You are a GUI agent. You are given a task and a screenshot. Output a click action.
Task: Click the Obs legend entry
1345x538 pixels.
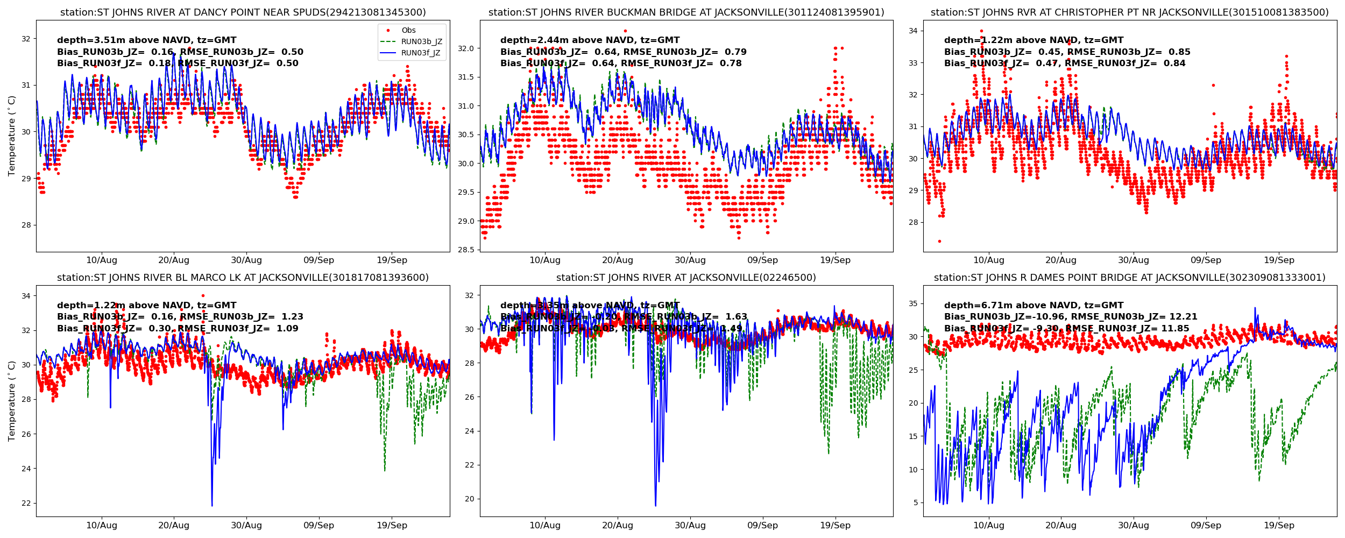tap(408, 31)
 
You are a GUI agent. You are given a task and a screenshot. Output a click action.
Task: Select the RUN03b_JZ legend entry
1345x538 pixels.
tap(421, 42)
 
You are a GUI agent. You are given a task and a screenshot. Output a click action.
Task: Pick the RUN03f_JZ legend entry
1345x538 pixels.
tap(420, 53)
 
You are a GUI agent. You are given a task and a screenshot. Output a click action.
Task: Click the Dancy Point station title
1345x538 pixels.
tap(243, 12)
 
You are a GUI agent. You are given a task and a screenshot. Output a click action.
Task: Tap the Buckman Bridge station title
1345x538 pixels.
tap(686, 12)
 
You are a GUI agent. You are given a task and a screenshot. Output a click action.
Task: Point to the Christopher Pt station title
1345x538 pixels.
tap(1129, 12)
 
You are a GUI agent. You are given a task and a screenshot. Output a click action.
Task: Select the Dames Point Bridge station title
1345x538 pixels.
tap(1129, 278)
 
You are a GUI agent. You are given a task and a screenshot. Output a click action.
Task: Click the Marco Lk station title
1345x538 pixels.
tap(243, 278)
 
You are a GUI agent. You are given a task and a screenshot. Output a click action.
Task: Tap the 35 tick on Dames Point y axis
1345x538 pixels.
tap(913, 304)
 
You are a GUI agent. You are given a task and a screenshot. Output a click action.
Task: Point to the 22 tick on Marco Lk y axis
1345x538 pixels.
tap(26, 504)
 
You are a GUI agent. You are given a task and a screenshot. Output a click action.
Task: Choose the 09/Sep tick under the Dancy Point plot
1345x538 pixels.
tap(318, 260)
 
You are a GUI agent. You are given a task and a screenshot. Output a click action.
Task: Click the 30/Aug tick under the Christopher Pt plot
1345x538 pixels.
tap(1134, 260)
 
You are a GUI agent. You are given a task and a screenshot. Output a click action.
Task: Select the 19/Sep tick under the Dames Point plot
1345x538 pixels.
tap(1279, 526)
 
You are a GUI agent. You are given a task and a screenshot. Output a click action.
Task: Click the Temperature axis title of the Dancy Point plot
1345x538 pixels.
tap(12, 136)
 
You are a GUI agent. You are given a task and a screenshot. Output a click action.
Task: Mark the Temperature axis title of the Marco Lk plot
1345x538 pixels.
tap(12, 401)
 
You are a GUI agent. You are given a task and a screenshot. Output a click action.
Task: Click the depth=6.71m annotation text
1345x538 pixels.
tap(1033, 306)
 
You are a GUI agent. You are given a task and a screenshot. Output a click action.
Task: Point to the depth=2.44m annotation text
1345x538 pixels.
tap(590, 40)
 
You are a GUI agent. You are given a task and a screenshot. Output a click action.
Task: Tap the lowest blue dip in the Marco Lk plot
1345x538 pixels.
tap(212, 505)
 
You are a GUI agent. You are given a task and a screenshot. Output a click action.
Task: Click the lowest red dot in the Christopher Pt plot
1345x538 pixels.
tap(939, 241)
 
